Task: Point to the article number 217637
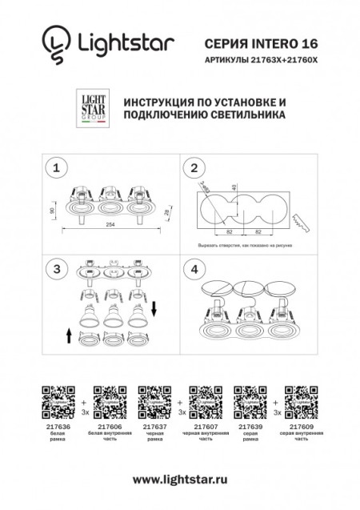click(x=150, y=426)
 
